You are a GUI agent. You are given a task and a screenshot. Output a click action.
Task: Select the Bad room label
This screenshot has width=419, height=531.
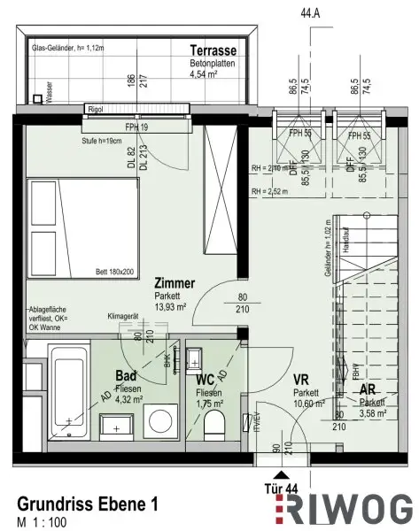126,374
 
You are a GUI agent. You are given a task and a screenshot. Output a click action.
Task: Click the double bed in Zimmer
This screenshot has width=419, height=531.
79,227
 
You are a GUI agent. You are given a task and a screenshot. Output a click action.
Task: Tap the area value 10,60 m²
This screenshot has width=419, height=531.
306,403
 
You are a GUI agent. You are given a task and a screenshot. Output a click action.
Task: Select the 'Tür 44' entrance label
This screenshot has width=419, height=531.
281,486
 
